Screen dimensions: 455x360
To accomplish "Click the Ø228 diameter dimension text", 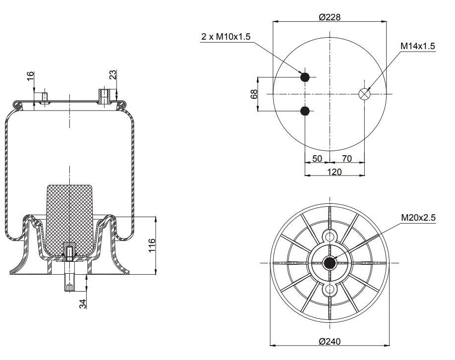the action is pos(330,17).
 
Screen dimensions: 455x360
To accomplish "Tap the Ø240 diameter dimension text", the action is pos(330,341).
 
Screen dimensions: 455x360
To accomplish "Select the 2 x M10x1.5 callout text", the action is pos(226,37).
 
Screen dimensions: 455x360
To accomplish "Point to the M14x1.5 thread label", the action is pos(417,46).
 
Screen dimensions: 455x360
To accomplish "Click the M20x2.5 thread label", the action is pos(418,218).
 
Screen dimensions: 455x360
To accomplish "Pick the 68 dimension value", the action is pos(254,94).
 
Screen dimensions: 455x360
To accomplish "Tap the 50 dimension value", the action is pos(317,159).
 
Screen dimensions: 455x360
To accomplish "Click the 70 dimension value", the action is pos(347,159).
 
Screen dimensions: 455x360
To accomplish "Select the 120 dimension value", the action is pos(334,172).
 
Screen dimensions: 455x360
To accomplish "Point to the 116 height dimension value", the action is pos(152,245).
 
